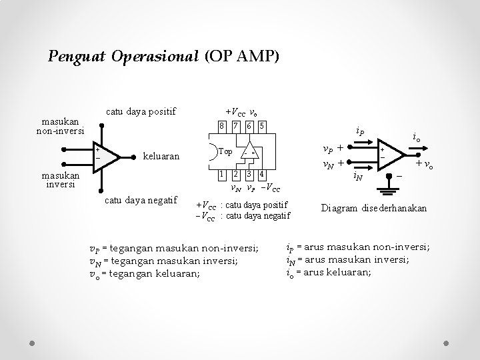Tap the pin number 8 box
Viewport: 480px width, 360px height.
pyautogui.click(x=222, y=126)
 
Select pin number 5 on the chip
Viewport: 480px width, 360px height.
pyautogui.click(x=262, y=126)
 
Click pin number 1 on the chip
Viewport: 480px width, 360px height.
pyautogui.click(x=222, y=175)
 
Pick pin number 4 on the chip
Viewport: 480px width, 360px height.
pyautogui.click(x=262, y=175)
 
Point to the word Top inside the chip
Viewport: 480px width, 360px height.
pyautogui.click(x=225, y=151)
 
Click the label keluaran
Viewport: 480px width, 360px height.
pyautogui.click(x=161, y=157)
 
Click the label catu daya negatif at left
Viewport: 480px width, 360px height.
pyautogui.click(x=141, y=199)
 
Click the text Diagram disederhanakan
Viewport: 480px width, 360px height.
pyautogui.click(x=375, y=208)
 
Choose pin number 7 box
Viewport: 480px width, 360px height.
pyautogui.click(x=235, y=126)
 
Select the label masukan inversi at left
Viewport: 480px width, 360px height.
pyautogui.click(x=59, y=180)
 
